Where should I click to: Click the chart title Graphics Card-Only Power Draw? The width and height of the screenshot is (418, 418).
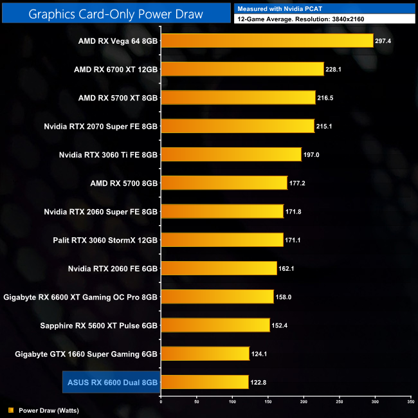pyautogui.click(x=116, y=14)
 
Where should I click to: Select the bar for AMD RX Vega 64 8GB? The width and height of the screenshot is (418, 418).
pyautogui.click(x=267, y=41)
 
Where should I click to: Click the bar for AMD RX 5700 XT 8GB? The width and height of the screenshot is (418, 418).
pyautogui.click(x=238, y=97)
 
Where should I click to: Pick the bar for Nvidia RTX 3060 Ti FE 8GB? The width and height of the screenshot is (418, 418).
pyautogui.click(x=231, y=154)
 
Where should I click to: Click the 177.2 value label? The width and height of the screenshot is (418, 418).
pyautogui.click(x=300, y=183)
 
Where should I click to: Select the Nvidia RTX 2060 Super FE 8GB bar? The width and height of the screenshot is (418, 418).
pyautogui.click(x=222, y=211)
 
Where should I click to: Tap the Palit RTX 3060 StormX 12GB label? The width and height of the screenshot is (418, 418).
pyautogui.click(x=105, y=240)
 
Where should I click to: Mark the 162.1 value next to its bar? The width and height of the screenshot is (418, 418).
pyautogui.click(x=289, y=268)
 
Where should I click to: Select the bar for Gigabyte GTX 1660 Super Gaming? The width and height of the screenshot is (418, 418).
pyautogui.click(x=205, y=353)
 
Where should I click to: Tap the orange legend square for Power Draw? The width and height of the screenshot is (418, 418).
pyautogui.click(x=10, y=410)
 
